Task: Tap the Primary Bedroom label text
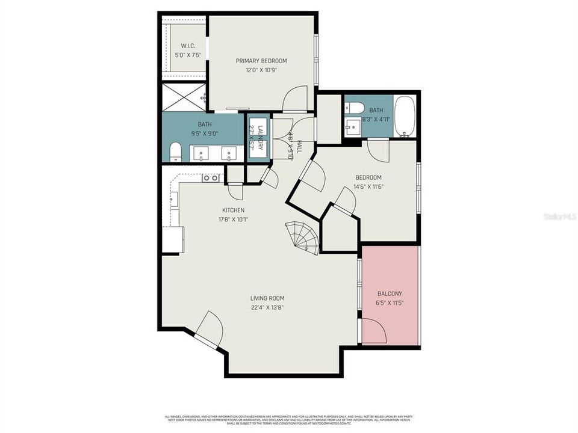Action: coord(261,61)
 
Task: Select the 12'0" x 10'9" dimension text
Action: coord(261,70)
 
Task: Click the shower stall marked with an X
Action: coord(184,97)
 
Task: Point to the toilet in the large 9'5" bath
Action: coord(175,152)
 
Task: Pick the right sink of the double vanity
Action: coord(229,153)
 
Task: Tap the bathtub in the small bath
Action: coord(405,117)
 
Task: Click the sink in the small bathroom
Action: coord(353,126)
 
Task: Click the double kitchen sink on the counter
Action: coord(210,178)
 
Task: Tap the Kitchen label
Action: coord(233,210)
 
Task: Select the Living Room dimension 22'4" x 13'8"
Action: coord(267,307)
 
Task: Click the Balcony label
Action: coord(390,293)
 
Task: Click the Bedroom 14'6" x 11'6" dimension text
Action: coord(368,186)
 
